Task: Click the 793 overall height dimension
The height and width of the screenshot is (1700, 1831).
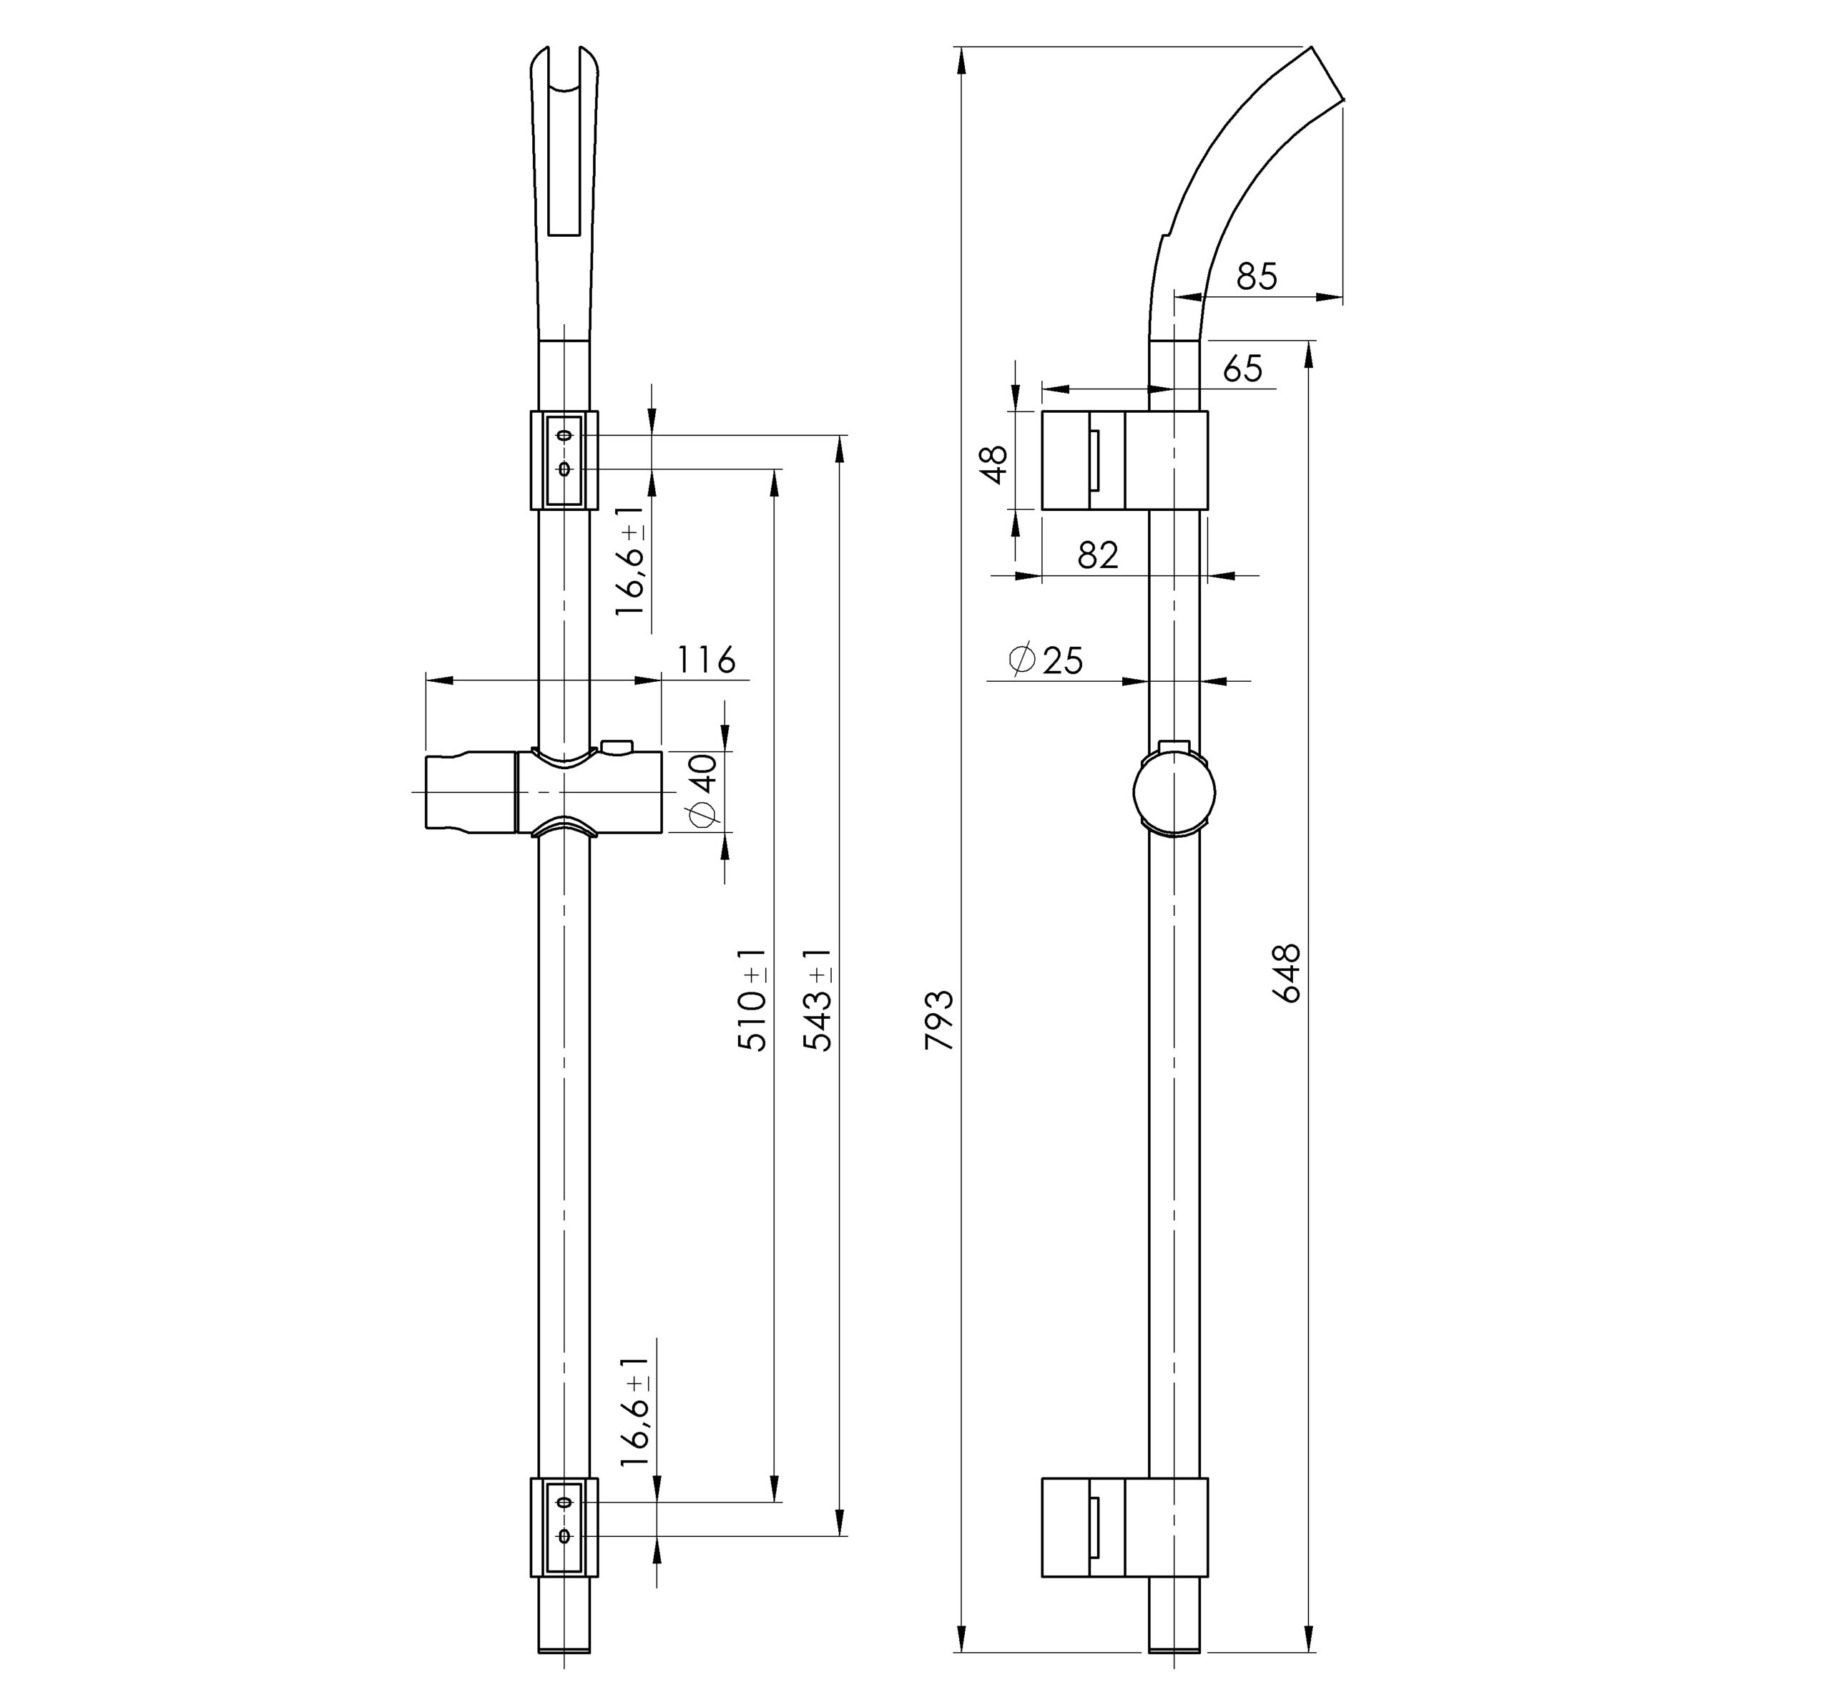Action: tap(940, 1020)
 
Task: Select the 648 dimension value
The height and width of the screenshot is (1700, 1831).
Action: tap(1287, 973)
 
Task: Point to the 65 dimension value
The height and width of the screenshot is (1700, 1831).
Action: tap(1243, 369)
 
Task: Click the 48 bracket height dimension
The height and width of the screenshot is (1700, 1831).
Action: tap(994, 464)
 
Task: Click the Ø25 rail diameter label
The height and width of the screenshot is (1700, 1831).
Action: tap(1046, 660)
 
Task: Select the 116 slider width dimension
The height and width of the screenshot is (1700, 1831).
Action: tap(706, 660)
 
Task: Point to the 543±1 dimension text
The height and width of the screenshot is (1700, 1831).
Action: tap(817, 999)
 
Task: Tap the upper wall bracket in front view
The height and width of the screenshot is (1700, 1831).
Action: tap(564, 459)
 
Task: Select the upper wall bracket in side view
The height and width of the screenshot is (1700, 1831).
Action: tap(1124, 460)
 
